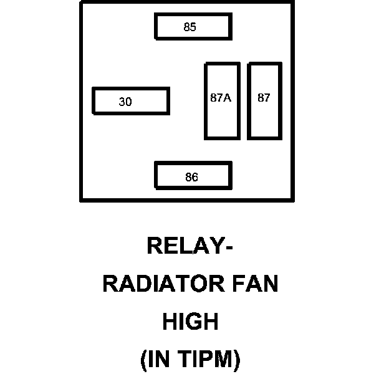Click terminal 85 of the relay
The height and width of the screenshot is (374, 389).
tap(193, 26)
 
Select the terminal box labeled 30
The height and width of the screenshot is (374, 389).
tap(130, 101)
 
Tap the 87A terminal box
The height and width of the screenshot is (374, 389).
tap(222, 100)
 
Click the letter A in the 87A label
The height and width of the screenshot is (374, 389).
tap(228, 98)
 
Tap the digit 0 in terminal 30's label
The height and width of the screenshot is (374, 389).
tap(128, 102)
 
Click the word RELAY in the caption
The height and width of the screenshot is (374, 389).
tap(183, 246)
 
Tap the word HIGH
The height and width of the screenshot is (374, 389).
tap(191, 322)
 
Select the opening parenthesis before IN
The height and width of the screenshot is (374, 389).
tap(144, 360)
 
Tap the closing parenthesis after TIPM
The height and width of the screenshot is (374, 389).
tap(236, 360)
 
